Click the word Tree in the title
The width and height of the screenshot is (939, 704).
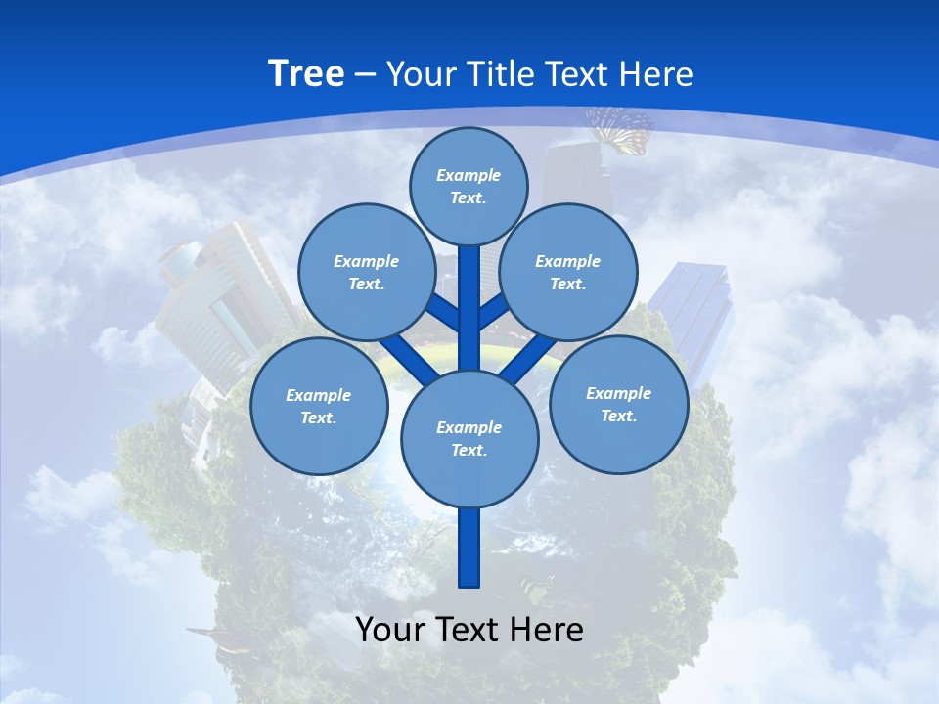306,74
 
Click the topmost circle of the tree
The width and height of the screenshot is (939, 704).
469,186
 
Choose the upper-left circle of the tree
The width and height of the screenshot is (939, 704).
367,272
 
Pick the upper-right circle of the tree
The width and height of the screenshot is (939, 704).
568,272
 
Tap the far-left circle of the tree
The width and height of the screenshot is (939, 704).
319,406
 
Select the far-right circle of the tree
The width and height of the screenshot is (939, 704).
619,404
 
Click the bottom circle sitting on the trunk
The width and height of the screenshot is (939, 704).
469,438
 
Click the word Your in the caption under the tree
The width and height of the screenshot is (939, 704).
391,630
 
